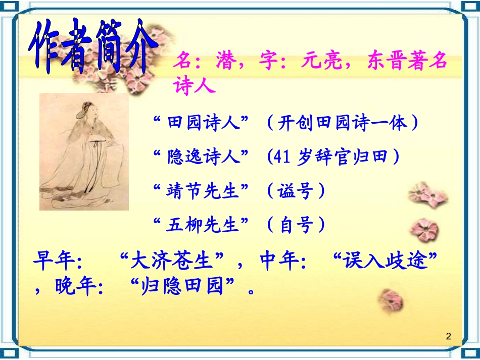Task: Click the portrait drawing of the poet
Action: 84,151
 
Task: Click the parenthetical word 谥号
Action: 296,191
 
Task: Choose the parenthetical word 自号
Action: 296,225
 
